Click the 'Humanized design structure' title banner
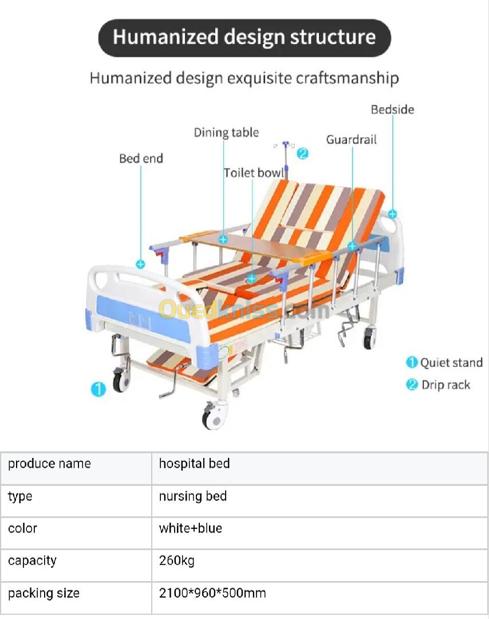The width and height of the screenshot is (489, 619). click(x=244, y=37)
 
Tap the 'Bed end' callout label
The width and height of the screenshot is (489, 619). click(x=141, y=158)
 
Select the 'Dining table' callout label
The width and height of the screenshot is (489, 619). click(x=226, y=133)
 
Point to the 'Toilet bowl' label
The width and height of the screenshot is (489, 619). click(x=254, y=173)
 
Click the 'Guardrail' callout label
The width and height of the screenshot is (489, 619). click(x=352, y=139)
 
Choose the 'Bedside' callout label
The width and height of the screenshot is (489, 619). click(x=392, y=109)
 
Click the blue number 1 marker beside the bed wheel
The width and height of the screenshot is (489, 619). click(x=98, y=390)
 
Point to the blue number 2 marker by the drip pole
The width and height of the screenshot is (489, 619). click(x=303, y=153)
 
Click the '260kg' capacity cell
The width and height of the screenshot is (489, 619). click(x=177, y=560)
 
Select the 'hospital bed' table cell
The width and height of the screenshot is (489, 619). click(x=194, y=463)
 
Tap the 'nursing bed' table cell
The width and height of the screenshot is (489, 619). click(x=193, y=496)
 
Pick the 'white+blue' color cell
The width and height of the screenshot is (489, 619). click(x=190, y=528)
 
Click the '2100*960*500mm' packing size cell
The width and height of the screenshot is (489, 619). click(x=212, y=593)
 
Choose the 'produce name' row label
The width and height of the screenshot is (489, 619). click(x=49, y=463)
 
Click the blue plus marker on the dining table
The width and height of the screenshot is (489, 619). click(x=223, y=240)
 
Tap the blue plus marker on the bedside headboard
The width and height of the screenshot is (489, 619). click(x=392, y=213)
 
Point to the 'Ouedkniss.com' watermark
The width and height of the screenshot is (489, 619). click(x=243, y=310)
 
